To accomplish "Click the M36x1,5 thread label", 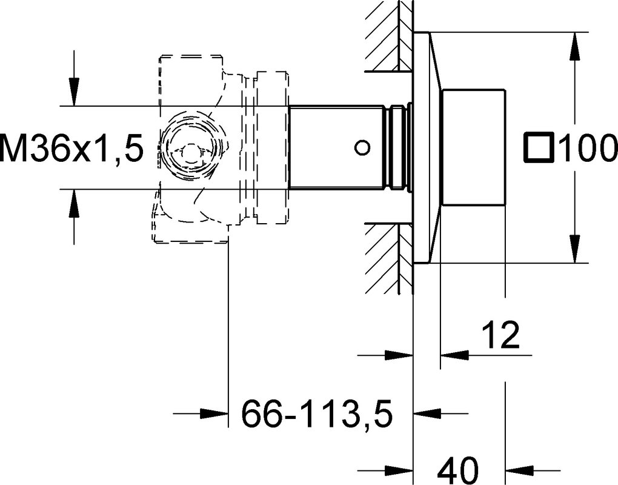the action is coord(70,148).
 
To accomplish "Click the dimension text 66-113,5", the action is coord(317,413).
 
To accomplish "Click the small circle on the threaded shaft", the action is coord(362,148).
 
